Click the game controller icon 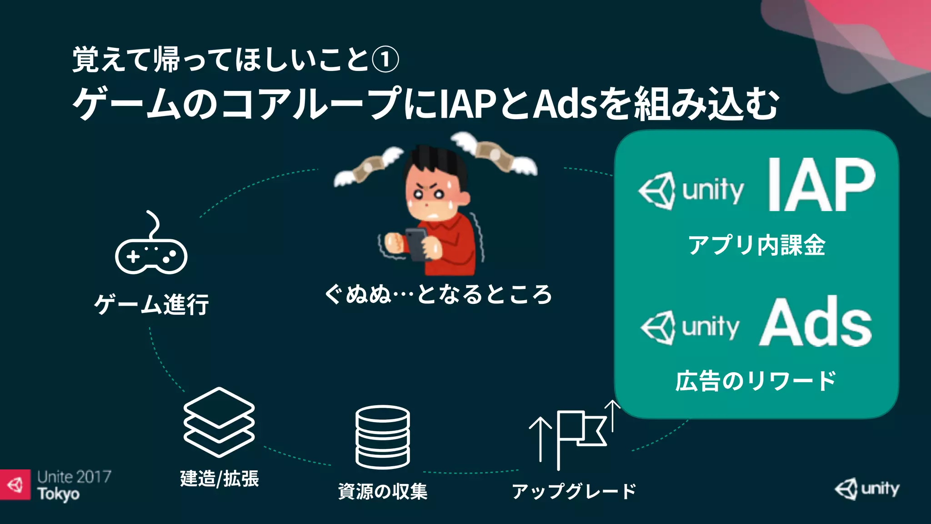tap(151, 255)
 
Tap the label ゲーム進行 tap(151, 304)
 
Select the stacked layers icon tap(219, 422)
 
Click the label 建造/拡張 tap(219, 479)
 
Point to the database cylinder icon tap(383, 437)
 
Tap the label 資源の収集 tap(383, 492)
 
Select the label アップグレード tap(574, 492)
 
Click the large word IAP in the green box tap(821, 185)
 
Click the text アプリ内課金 tap(756, 245)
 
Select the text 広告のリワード tap(756, 381)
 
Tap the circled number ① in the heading tap(385, 60)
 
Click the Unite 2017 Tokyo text tap(74, 485)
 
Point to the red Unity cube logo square tap(15, 485)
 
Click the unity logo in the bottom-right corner tap(867, 489)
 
